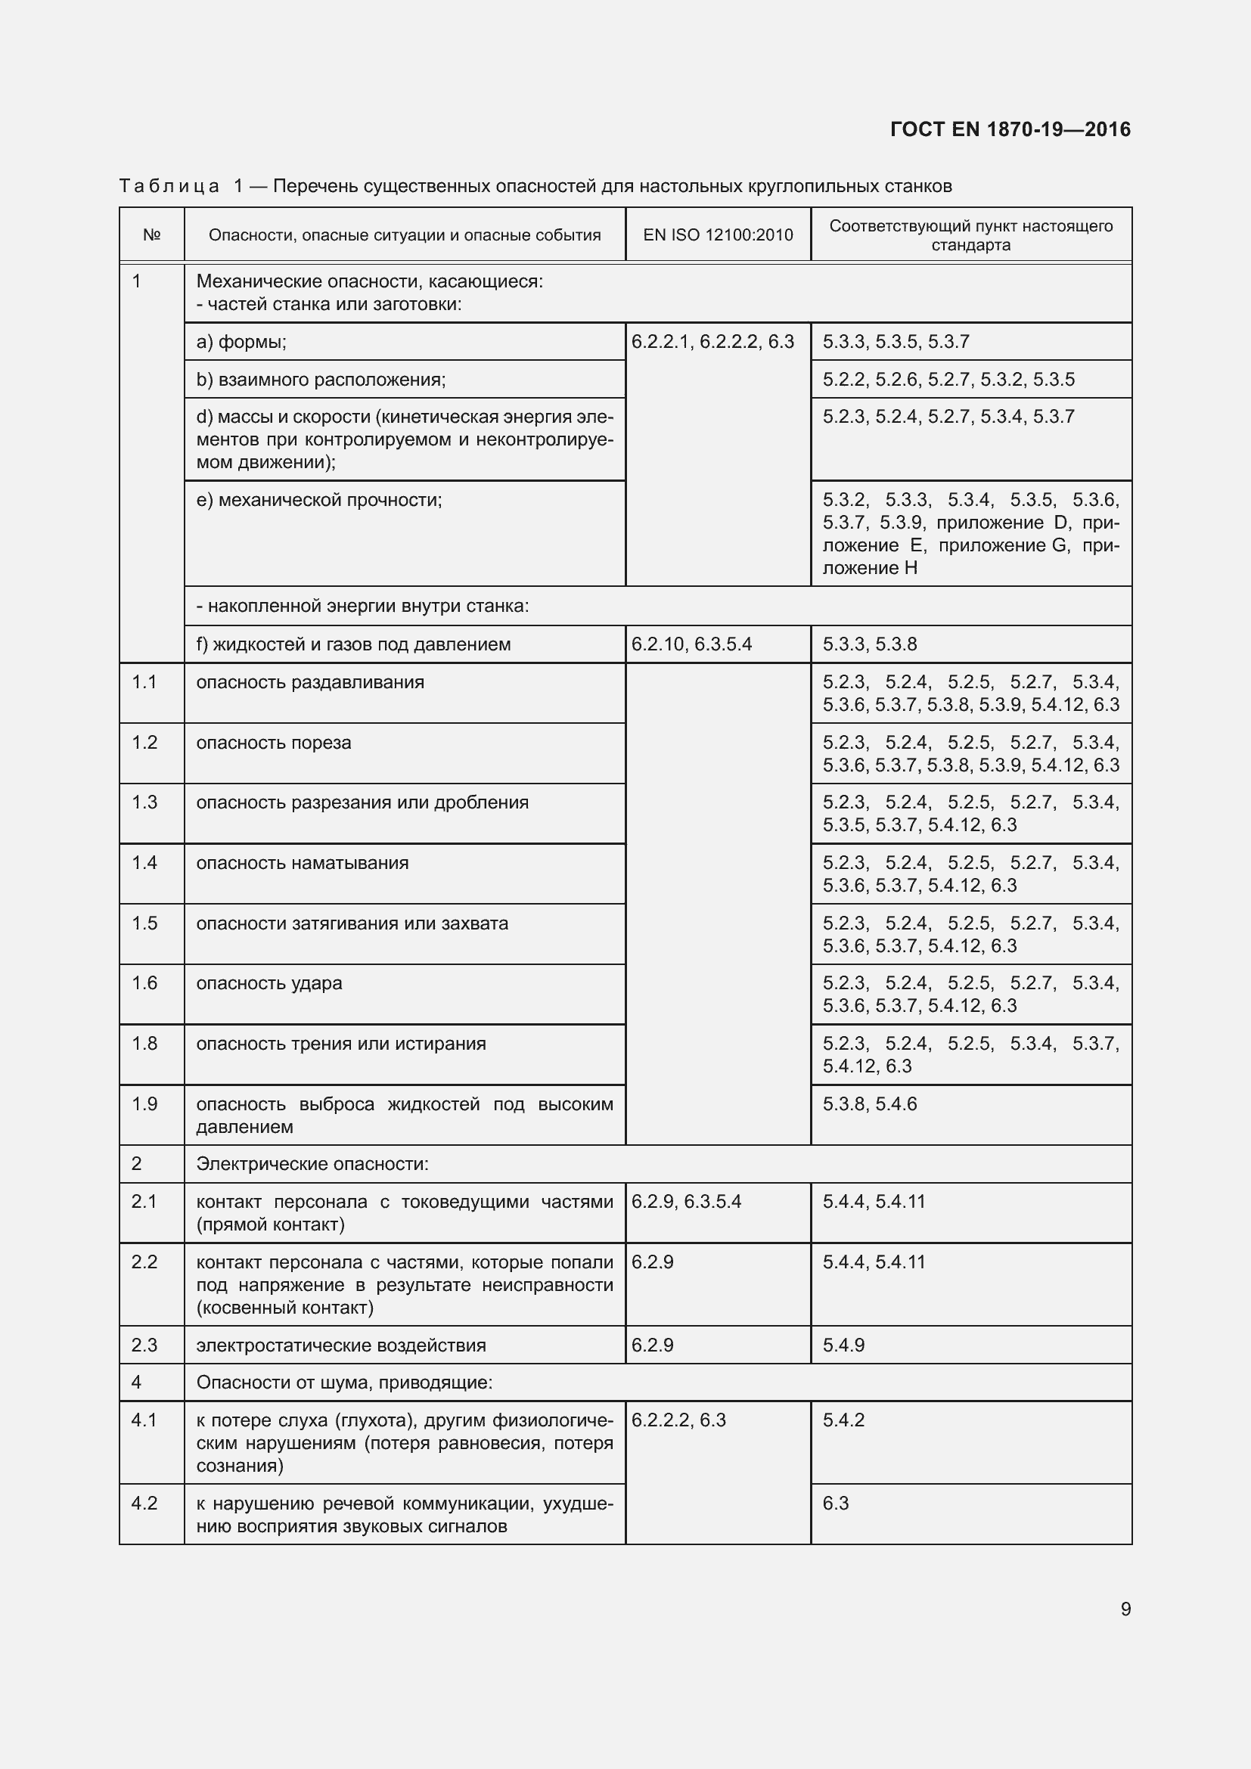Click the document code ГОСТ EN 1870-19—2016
pyautogui.click(x=1010, y=129)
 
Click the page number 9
pyautogui.click(x=1125, y=1609)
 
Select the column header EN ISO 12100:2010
pyautogui.click(x=717, y=235)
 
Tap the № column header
pyautogui.click(x=152, y=235)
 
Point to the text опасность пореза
pyautogui.click(x=274, y=743)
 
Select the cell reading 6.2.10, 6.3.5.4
pyautogui.click(x=691, y=644)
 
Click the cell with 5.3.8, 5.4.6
pyautogui.click(x=870, y=1103)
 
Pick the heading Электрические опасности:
pyautogui.click(x=312, y=1163)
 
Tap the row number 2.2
pyautogui.click(x=144, y=1262)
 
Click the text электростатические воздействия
pyautogui.click(x=340, y=1345)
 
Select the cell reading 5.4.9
pyautogui.click(x=843, y=1345)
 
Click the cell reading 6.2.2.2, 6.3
pyautogui.click(x=678, y=1420)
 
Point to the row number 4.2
pyautogui.click(x=144, y=1504)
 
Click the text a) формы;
pyautogui.click(x=241, y=341)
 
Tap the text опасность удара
pyautogui.click(x=269, y=983)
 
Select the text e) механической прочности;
pyautogui.click(x=319, y=500)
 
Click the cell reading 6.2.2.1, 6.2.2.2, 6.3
pyautogui.click(x=712, y=341)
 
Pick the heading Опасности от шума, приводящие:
pyautogui.click(x=344, y=1383)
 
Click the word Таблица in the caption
pyautogui.click(x=169, y=186)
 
